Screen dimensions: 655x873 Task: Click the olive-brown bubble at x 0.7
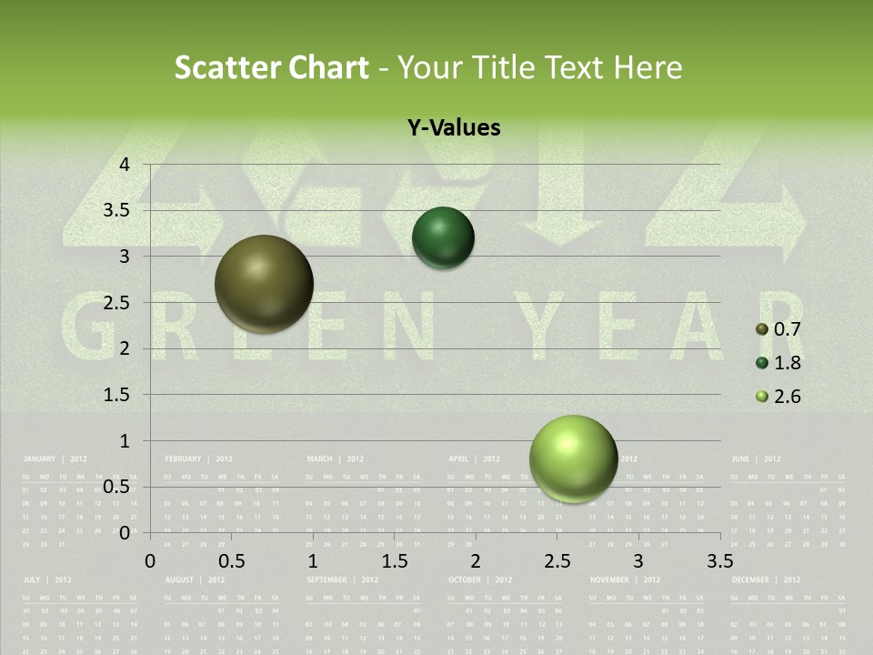pos(264,284)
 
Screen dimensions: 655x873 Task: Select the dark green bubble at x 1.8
pos(443,238)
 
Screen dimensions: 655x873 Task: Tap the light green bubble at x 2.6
pos(573,458)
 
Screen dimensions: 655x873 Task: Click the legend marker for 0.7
pos(762,329)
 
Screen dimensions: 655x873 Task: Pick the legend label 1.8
pos(787,363)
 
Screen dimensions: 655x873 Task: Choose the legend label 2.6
pos(787,397)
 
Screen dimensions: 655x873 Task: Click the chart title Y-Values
pos(454,128)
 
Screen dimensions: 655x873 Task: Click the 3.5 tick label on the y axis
pos(116,211)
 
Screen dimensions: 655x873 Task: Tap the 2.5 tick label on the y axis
pos(116,303)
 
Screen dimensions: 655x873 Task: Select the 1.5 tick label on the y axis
pos(116,395)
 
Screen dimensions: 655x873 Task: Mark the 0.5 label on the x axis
pos(232,560)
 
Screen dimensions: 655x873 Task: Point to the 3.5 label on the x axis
pos(719,560)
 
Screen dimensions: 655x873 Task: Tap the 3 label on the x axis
pos(638,560)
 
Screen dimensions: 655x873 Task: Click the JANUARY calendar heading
pos(39,459)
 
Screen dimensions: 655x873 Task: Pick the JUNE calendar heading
pos(740,459)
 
